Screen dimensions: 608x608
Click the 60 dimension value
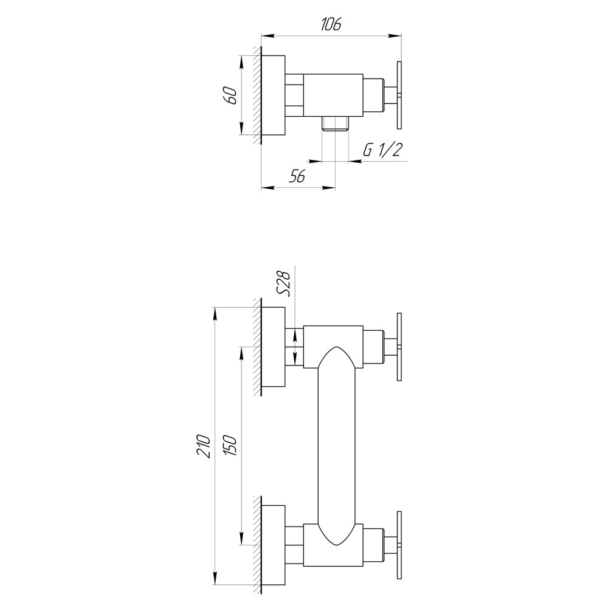(x=230, y=95)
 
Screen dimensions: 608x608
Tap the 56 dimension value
(x=297, y=176)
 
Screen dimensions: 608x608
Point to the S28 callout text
(x=283, y=283)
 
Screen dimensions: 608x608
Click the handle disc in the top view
(x=399, y=94)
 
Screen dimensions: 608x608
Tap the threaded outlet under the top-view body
(x=335, y=123)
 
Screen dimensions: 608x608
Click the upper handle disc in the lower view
(x=399, y=347)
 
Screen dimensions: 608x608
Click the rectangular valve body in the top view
(x=333, y=94)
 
